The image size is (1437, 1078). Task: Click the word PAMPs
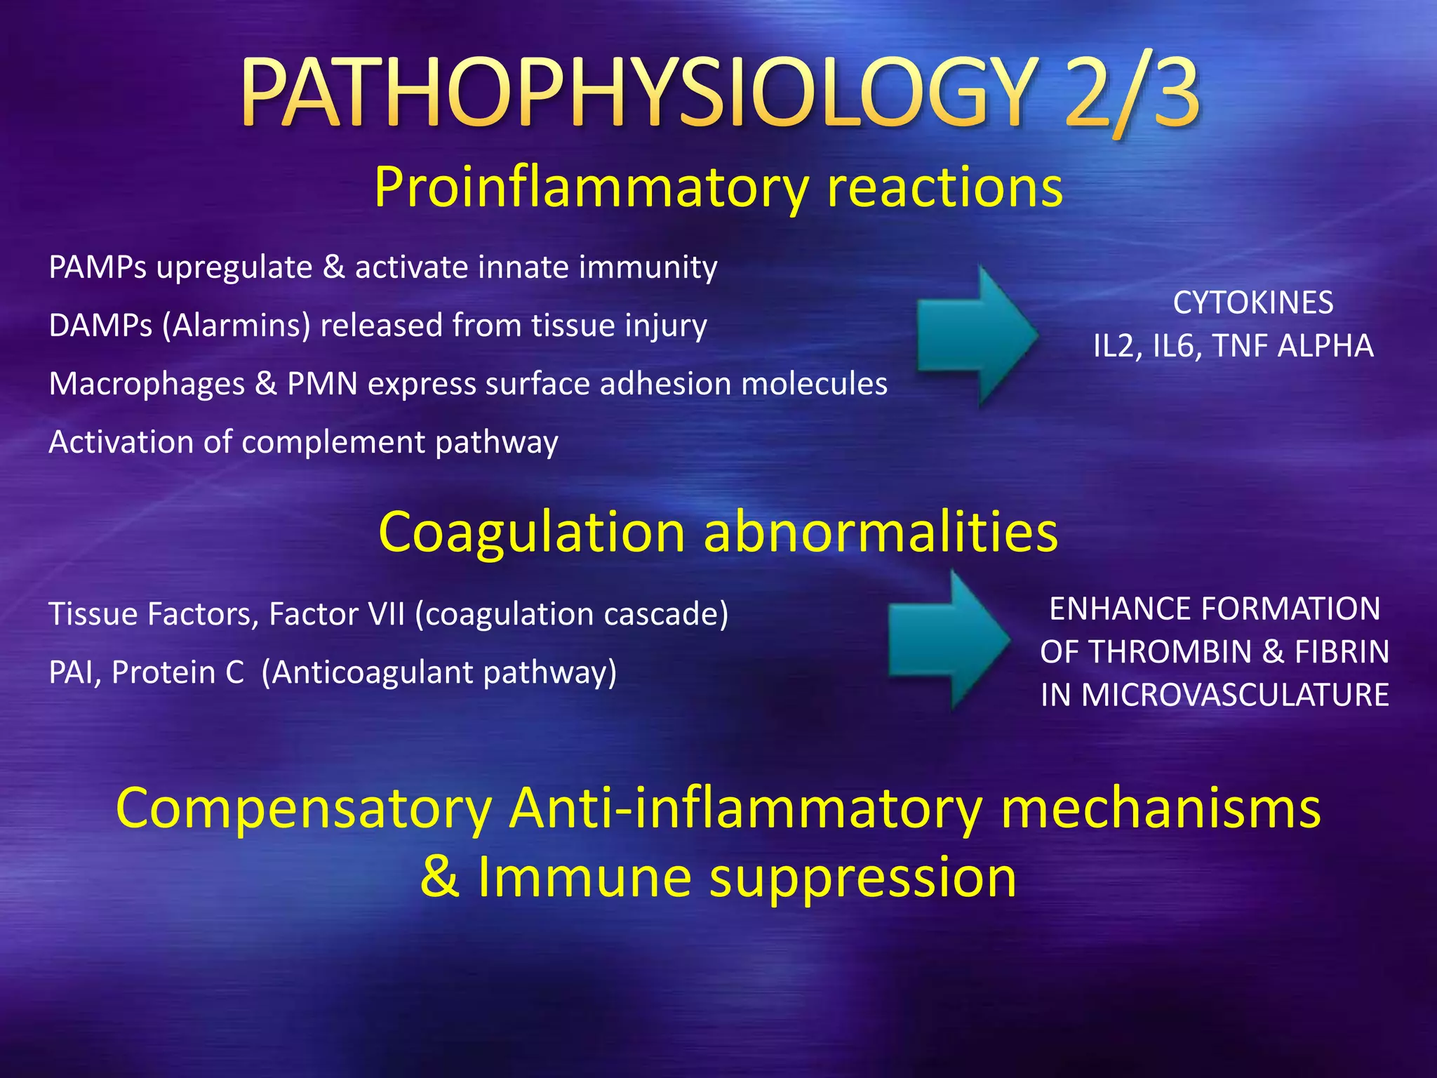(98, 268)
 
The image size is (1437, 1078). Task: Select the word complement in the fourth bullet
(333, 443)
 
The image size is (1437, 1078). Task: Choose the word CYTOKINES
(1253, 303)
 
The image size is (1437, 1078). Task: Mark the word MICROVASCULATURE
(1235, 695)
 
